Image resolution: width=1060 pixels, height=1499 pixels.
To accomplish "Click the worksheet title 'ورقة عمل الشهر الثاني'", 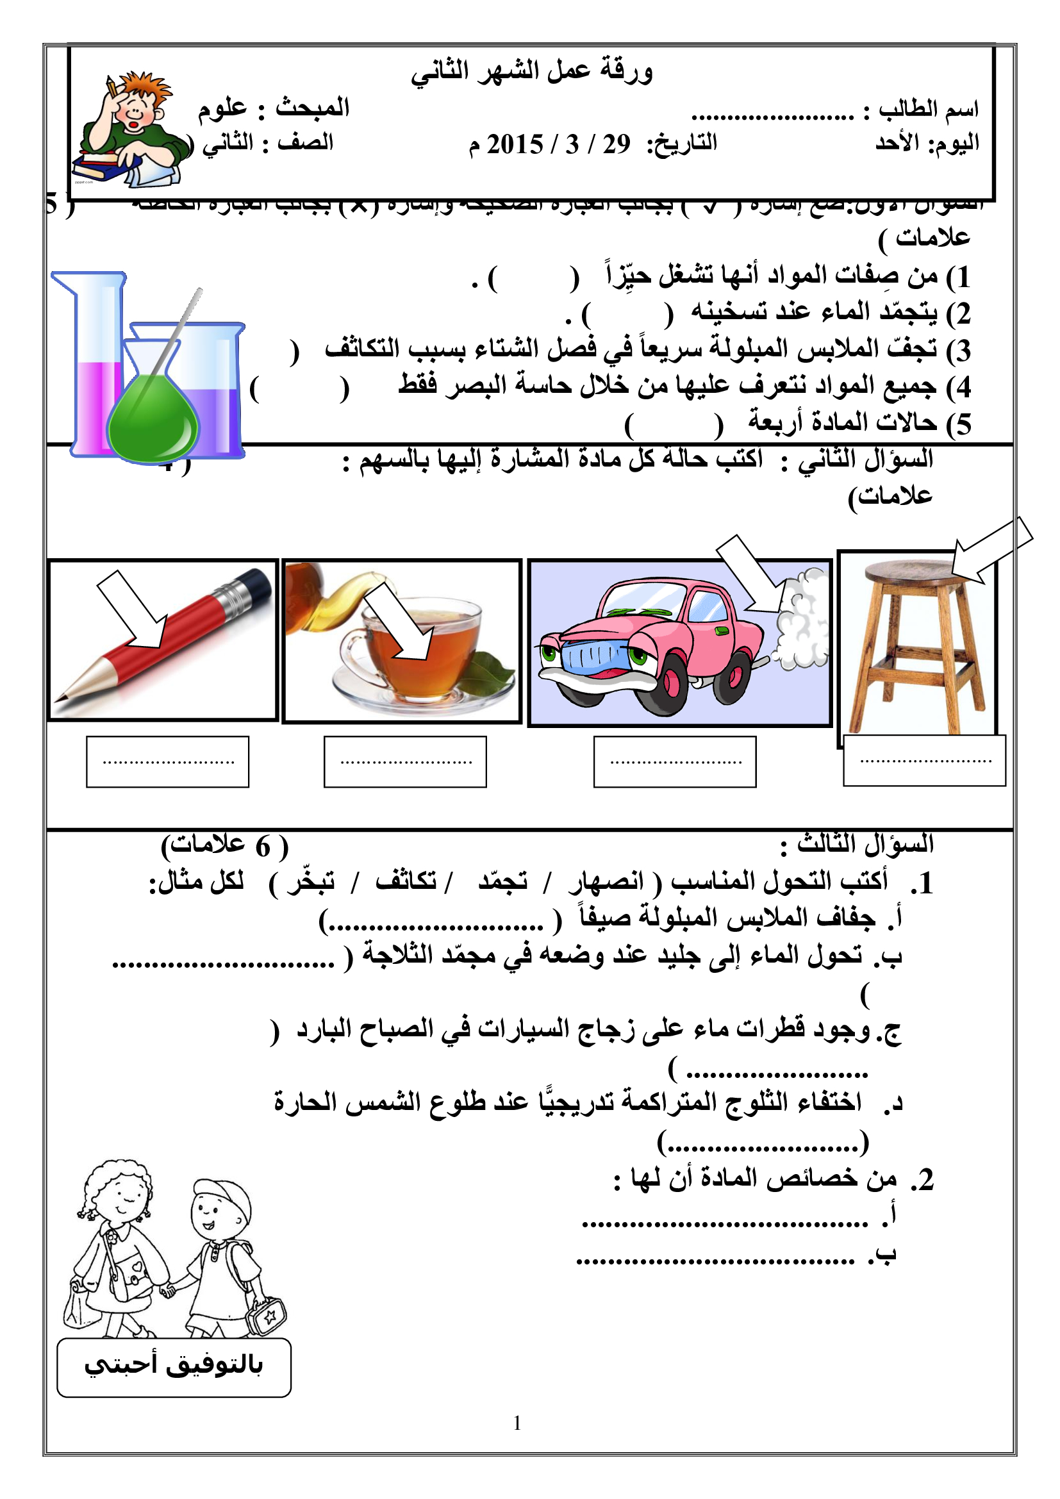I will pyautogui.click(x=531, y=70).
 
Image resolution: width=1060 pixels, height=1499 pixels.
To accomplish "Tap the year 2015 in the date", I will pyautogui.click(x=515, y=144).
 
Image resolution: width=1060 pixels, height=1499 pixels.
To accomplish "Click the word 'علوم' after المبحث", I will pyautogui.click(x=222, y=108).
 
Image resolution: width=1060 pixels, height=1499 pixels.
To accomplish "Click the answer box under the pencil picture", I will pyautogui.click(x=168, y=762).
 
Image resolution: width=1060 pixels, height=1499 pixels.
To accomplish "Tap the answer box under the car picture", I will pyautogui.click(x=675, y=762).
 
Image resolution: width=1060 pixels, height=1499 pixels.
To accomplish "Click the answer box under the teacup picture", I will pyautogui.click(x=405, y=762).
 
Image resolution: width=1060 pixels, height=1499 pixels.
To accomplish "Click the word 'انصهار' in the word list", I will pyautogui.click(x=607, y=882).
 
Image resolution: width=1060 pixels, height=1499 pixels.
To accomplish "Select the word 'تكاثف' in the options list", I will pyautogui.click(x=406, y=882).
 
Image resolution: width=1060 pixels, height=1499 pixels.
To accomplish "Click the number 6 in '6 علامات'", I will pyautogui.click(x=262, y=847).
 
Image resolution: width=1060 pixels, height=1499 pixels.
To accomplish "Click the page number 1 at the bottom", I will pyautogui.click(x=518, y=1423).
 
